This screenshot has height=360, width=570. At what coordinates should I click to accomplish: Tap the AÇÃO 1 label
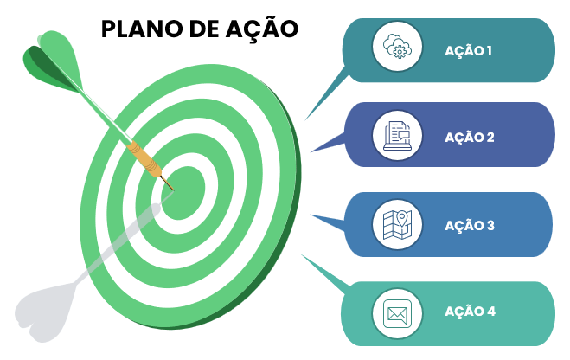point(468,50)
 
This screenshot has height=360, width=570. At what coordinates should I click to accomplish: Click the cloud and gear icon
point(397,47)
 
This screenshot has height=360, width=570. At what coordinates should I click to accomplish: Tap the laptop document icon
point(397,135)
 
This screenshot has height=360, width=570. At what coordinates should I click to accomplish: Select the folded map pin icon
point(397,224)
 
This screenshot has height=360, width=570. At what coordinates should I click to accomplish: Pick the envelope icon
point(397,312)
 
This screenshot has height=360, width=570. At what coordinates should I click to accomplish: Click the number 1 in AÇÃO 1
point(489,50)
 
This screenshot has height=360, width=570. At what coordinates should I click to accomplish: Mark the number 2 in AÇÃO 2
point(490,137)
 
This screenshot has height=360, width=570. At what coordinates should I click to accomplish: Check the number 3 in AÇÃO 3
point(490,225)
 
